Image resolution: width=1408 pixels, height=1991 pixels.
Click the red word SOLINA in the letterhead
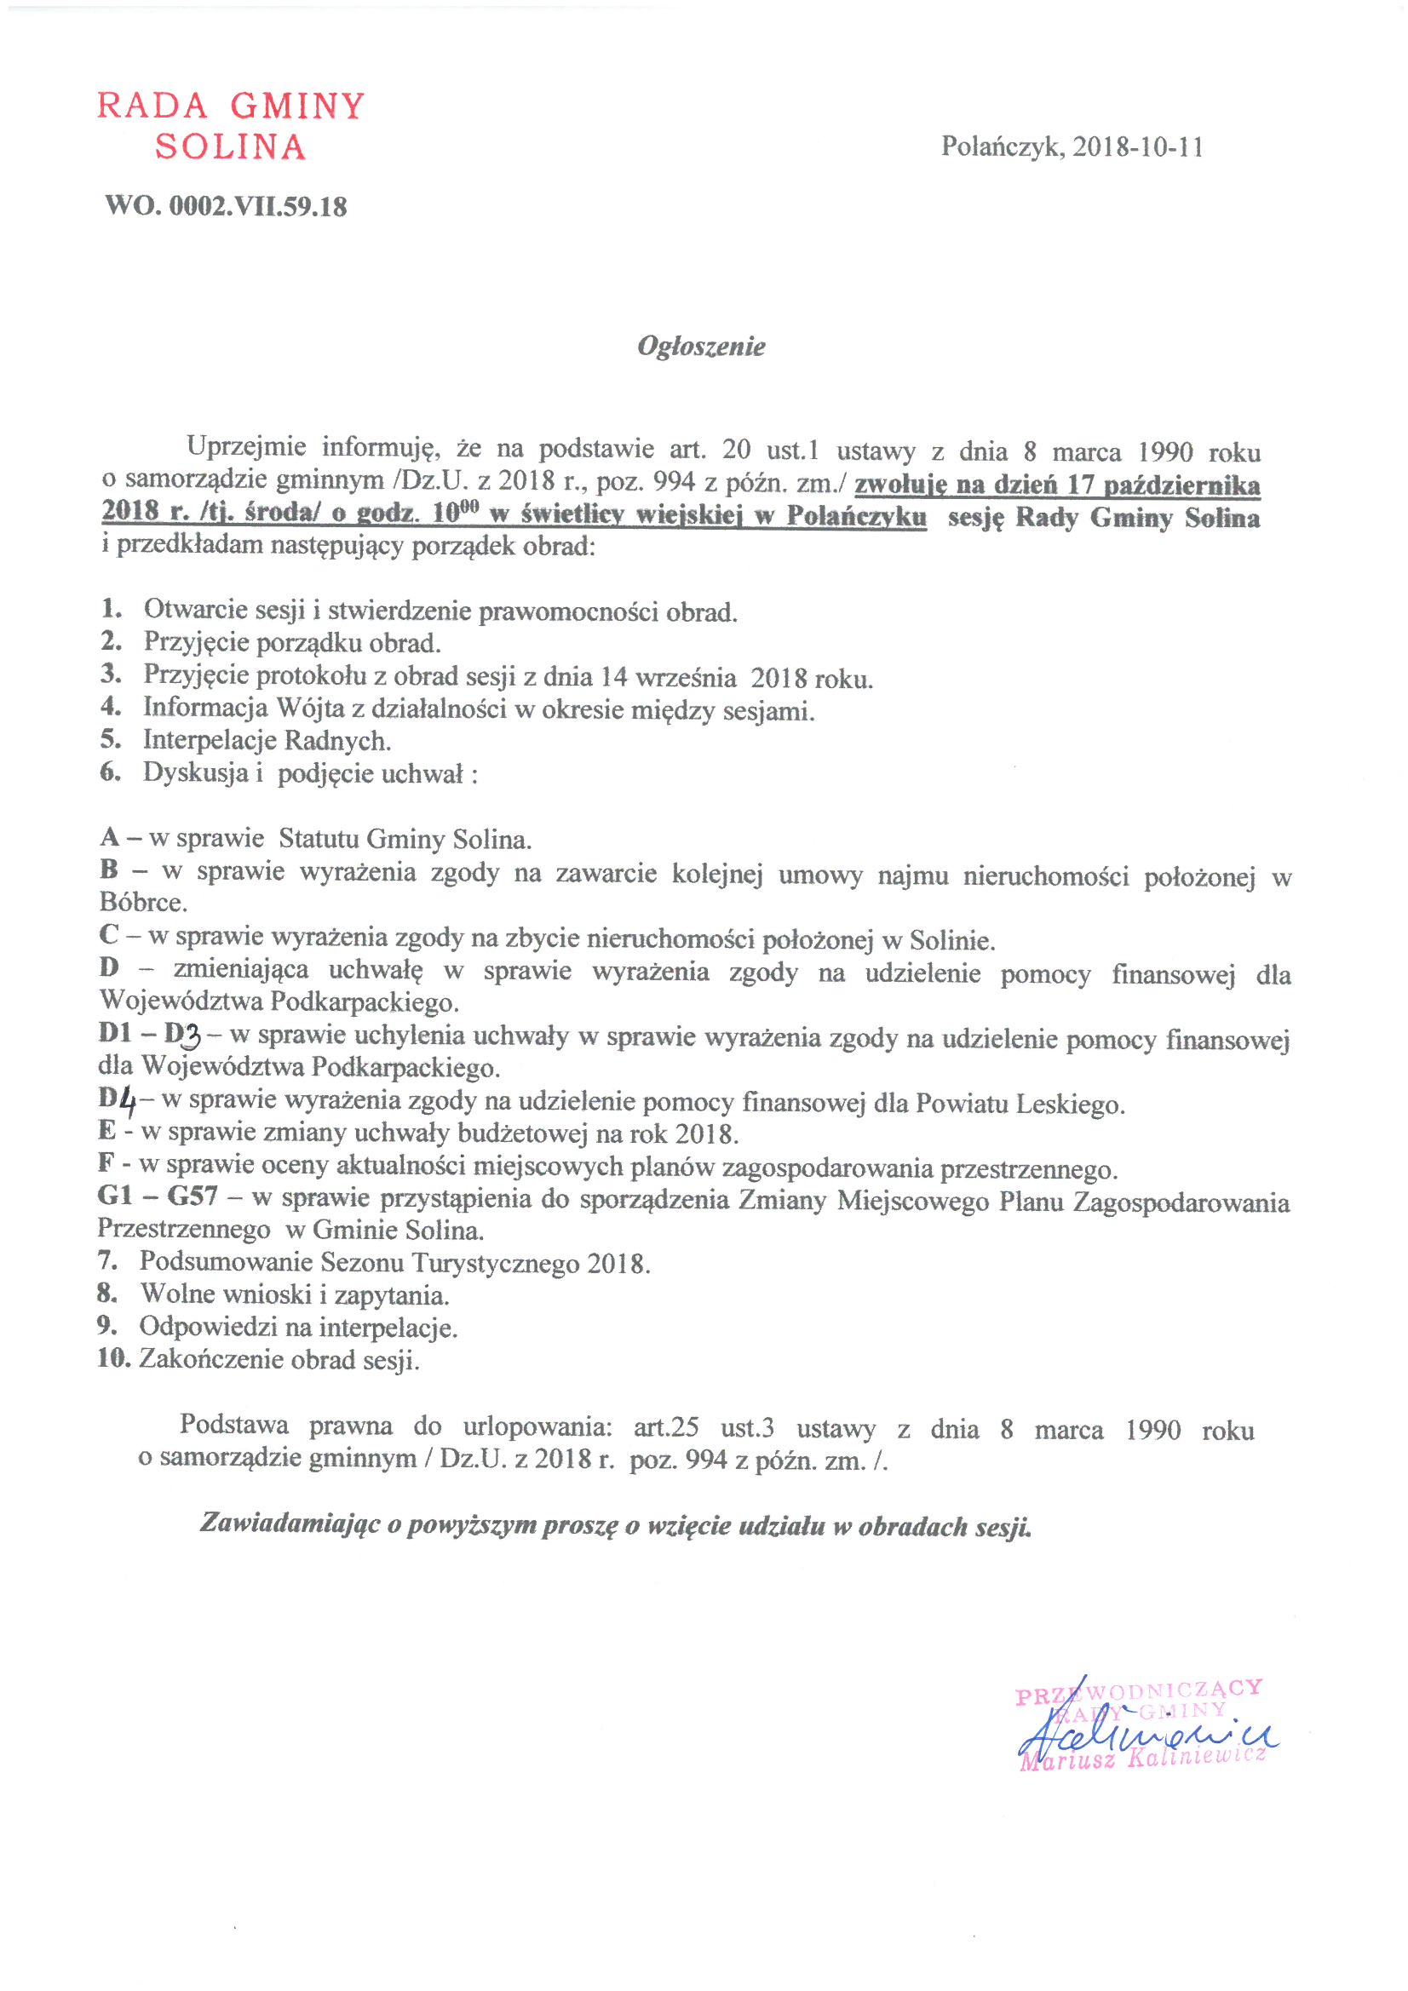click(230, 146)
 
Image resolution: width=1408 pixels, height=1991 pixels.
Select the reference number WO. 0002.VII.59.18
click(226, 206)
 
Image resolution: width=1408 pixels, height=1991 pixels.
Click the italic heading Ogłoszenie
click(701, 346)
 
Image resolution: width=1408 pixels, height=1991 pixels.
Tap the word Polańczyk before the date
click(1002, 146)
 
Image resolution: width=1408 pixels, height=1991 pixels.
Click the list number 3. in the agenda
click(110, 673)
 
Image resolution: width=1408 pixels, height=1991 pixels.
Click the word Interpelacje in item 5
click(201, 740)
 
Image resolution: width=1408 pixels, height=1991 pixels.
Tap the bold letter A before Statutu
click(109, 838)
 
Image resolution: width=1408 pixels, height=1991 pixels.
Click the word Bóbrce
click(142, 903)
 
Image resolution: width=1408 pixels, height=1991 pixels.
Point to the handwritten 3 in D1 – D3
click(192, 1036)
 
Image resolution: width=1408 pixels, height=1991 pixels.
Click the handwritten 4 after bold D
click(128, 1102)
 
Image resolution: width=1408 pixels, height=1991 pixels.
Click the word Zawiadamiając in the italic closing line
click(290, 1523)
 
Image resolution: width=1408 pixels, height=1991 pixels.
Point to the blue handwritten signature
click(1145, 1735)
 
